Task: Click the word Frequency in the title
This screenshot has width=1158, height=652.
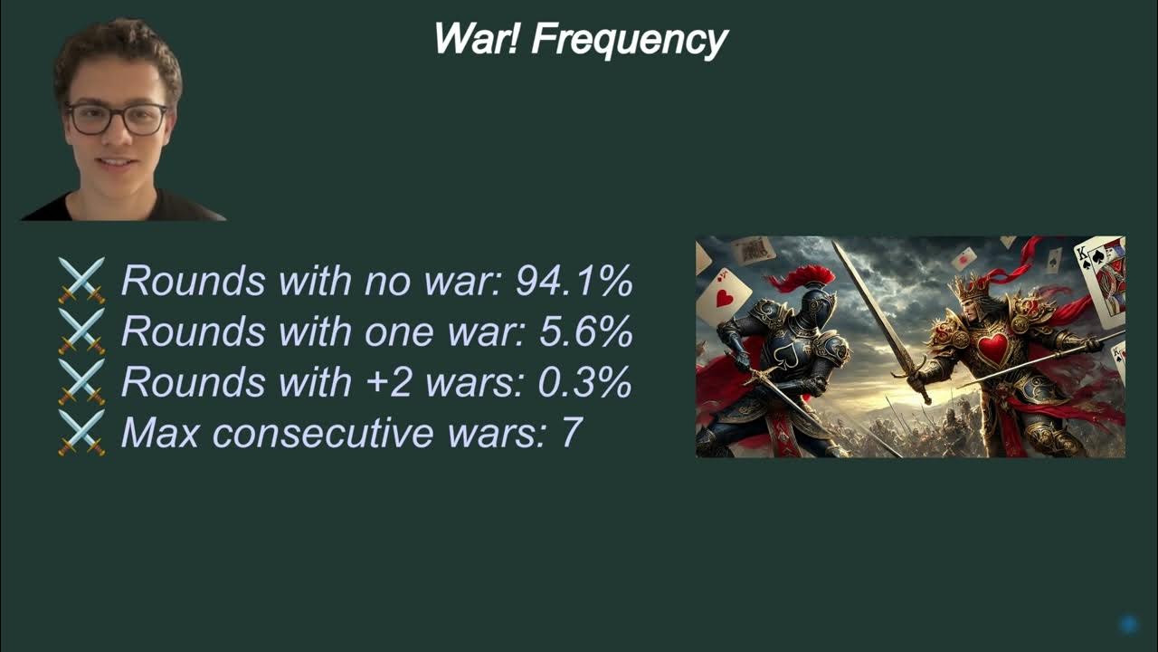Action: (x=630, y=40)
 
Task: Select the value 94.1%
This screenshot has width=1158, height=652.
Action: (x=574, y=282)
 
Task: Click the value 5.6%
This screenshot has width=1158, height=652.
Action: (x=585, y=332)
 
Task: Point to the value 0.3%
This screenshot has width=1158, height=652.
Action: (x=584, y=383)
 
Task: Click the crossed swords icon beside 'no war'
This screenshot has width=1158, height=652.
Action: (x=81, y=281)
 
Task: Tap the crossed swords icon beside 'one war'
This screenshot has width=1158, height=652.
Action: (x=81, y=331)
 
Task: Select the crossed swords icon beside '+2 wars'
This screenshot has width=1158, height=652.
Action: (x=81, y=382)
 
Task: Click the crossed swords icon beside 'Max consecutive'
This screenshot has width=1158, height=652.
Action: (x=81, y=433)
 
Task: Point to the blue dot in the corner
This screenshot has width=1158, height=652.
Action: (x=1128, y=624)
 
